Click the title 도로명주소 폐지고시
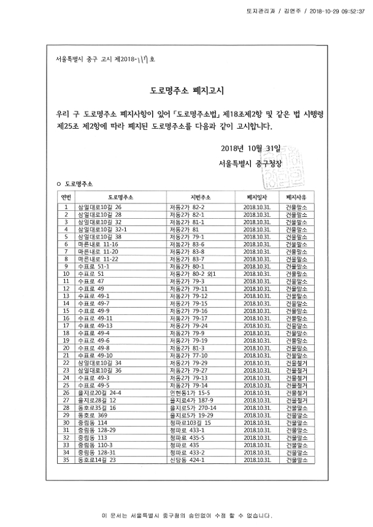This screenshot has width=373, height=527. tap(186, 91)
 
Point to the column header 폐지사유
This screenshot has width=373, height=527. tap(297, 197)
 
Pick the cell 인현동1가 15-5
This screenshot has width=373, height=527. tap(190, 392)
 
